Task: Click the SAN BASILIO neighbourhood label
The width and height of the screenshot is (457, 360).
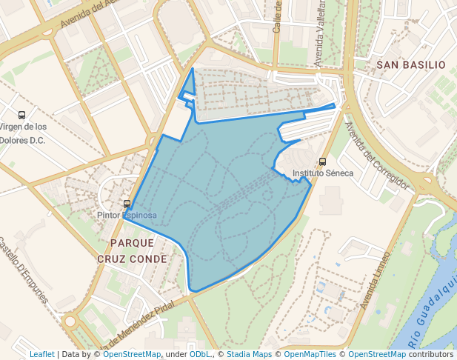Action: (x=411, y=65)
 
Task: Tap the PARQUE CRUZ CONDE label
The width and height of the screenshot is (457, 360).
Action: (x=132, y=250)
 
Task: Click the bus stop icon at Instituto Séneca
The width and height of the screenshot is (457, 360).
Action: (x=322, y=161)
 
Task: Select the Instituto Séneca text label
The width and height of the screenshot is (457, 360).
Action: (x=323, y=173)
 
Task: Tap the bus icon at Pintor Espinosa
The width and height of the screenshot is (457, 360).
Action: (x=127, y=204)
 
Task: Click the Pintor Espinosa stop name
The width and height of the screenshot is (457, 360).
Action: (x=127, y=215)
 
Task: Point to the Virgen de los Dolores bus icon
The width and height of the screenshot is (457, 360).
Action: (x=22, y=115)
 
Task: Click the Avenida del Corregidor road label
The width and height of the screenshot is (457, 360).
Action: (x=376, y=156)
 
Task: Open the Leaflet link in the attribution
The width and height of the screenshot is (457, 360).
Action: (x=41, y=354)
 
